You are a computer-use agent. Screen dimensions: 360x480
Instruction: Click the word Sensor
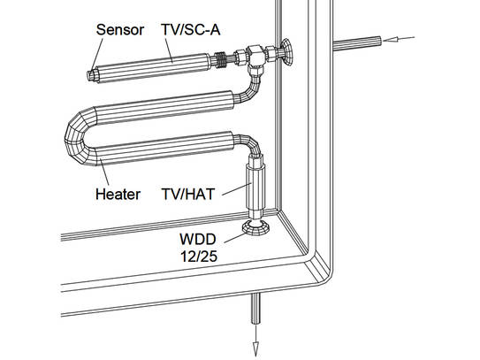tap(119, 30)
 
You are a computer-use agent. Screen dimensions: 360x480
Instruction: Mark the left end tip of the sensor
tap(92, 75)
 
